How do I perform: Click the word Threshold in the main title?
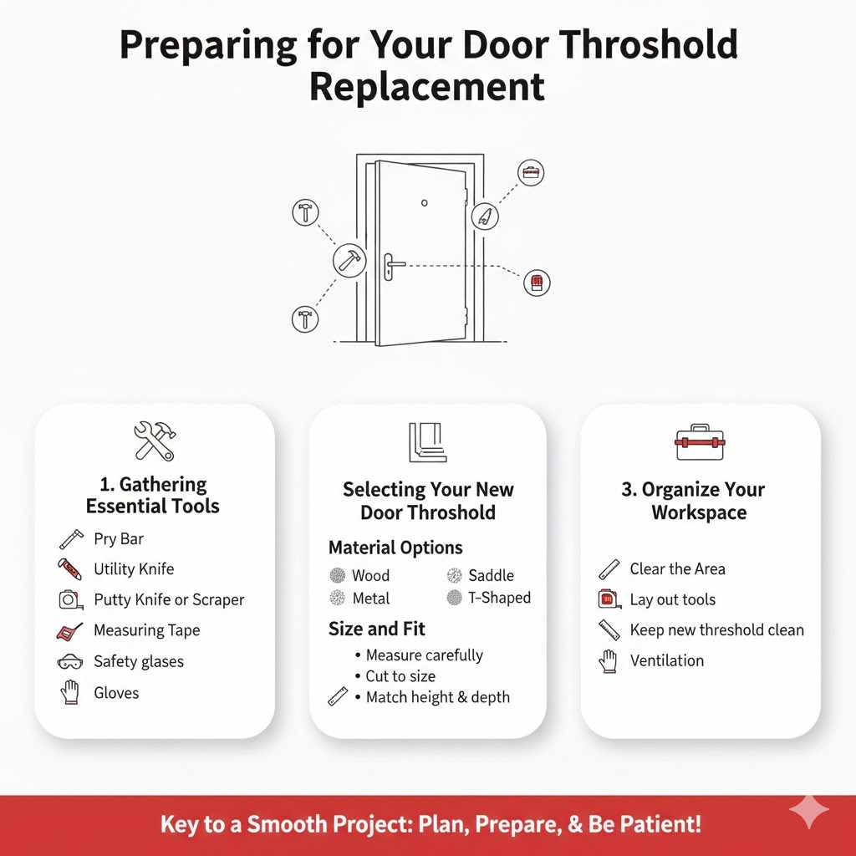point(643,46)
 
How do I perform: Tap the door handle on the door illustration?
point(391,266)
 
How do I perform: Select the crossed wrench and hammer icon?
point(155,441)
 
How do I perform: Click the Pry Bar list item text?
point(119,539)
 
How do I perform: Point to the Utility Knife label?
point(134,569)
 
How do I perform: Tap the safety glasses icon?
point(70,662)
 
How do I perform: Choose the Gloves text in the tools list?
point(116,692)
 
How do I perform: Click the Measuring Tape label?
point(146,630)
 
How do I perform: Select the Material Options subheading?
point(395,548)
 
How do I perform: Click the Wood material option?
point(370,575)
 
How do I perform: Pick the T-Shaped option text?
point(499,597)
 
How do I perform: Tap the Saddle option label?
point(491,575)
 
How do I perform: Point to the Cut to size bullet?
point(400,676)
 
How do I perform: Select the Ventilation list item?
point(666,660)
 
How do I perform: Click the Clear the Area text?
point(677,569)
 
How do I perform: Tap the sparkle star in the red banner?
point(809,811)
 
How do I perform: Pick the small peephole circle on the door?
point(425,203)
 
